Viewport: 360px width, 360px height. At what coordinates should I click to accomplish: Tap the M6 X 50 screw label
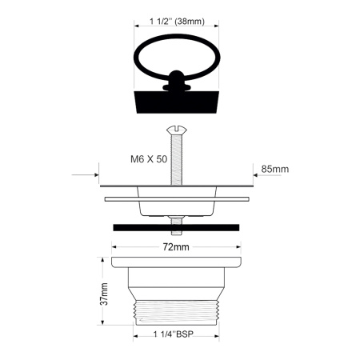149,159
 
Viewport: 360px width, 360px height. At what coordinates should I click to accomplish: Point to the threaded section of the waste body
176,312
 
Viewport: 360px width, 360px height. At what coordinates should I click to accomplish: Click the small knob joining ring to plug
176,83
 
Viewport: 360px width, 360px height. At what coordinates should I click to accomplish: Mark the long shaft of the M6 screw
176,160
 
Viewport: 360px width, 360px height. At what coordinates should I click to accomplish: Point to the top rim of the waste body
176,262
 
